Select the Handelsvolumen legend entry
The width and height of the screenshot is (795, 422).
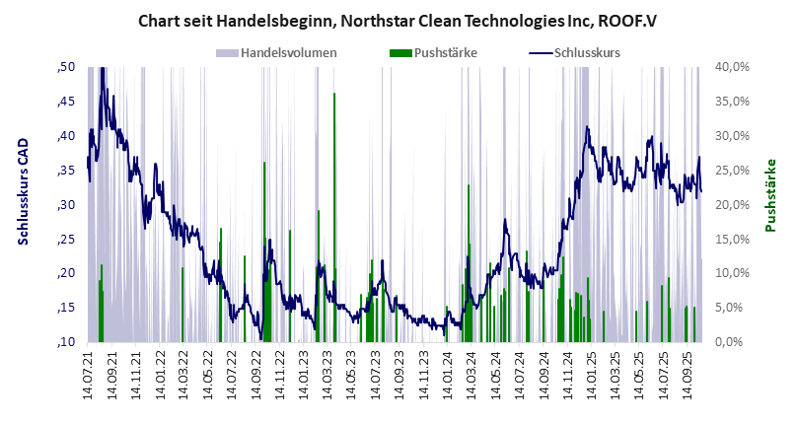(x=290, y=52)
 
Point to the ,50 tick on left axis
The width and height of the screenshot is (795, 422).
(x=67, y=67)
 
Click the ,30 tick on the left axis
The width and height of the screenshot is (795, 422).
(x=67, y=205)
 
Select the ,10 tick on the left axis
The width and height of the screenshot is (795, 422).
(x=67, y=342)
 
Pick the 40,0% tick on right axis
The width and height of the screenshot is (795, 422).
(x=735, y=67)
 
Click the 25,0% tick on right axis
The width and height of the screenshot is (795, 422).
(x=735, y=171)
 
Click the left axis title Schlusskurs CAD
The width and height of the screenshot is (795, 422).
(x=22, y=205)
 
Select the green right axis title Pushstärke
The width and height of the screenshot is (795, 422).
(x=772, y=195)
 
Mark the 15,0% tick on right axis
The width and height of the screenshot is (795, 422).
(x=735, y=239)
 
